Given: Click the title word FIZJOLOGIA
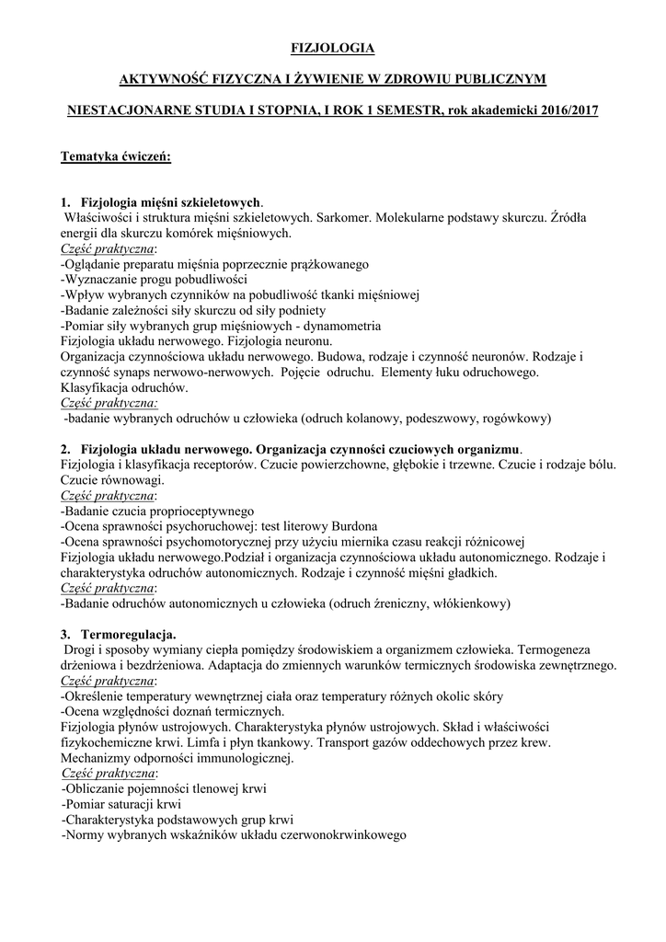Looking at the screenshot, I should (x=332, y=48).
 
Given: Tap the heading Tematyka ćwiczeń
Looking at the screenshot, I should (x=116, y=155).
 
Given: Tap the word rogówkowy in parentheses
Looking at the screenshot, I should (x=514, y=419).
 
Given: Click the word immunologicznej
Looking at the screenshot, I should (x=237, y=759).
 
